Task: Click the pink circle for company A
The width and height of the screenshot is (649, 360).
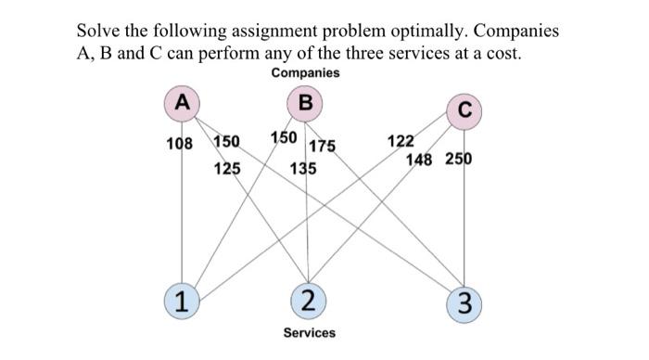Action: click(x=183, y=103)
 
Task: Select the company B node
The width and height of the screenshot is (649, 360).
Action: click(x=306, y=103)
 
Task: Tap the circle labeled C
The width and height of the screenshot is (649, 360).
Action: click(x=464, y=110)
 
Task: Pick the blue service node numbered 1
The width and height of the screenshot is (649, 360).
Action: click(x=183, y=300)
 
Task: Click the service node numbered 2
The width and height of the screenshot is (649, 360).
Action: click(x=308, y=300)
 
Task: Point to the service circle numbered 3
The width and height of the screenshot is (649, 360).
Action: click(x=464, y=302)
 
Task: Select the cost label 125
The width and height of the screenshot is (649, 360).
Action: click(x=227, y=169)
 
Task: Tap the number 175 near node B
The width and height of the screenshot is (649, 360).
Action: click(x=322, y=146)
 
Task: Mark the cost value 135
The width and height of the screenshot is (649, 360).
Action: click(x=302, y=170)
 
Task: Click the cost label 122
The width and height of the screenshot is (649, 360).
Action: click(x=401, y=141)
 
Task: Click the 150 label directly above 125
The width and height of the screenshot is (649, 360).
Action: click(x=227, y=142)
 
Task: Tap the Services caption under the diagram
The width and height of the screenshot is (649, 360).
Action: click(x=309, y=332)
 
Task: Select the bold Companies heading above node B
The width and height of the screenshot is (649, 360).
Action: click(x=306, y=72)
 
